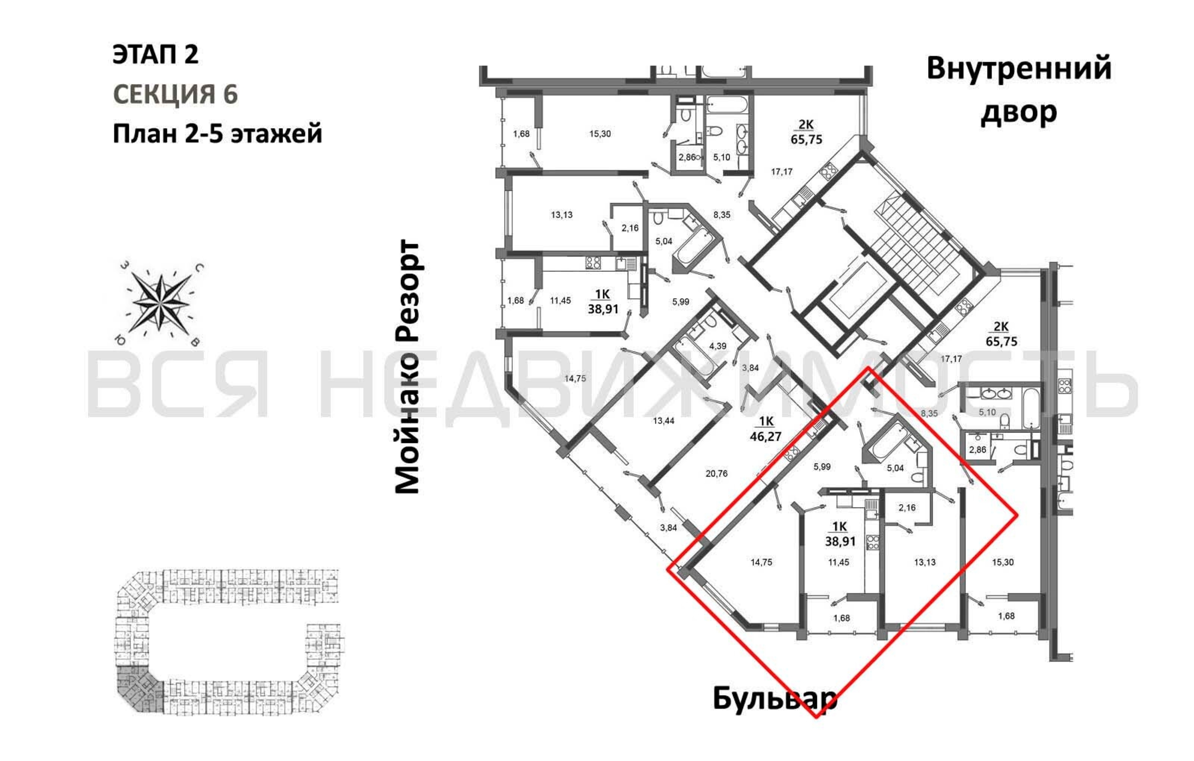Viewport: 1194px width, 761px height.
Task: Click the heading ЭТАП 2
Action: [x=156, y=54]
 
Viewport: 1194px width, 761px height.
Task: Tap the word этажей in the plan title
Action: [x=277, y=134]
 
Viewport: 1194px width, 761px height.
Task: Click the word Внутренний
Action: [x=1019, y=69]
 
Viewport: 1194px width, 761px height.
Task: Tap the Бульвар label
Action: [x=775, y=699]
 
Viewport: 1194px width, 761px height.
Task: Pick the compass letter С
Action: [x=199, y=268]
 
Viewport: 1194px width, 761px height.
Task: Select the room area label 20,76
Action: [x=716, y=473]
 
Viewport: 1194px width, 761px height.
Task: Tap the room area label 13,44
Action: [x=663, y=421]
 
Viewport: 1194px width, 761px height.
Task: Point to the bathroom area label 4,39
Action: [x=717, y=346]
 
